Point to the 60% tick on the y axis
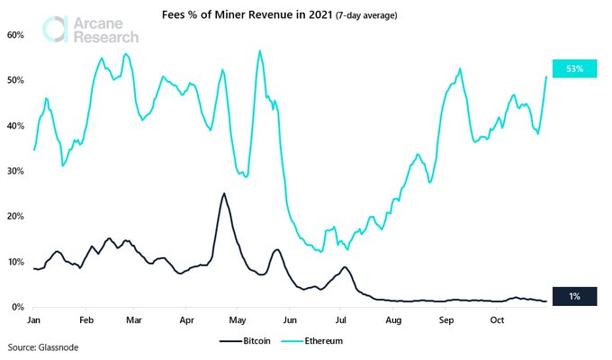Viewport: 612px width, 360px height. [16, 34]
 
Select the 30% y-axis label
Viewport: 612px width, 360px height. [16, 171]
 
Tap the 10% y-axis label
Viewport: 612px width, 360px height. [16, 262]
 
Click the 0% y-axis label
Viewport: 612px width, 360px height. [18, 308]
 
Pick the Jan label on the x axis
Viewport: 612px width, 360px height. [34, 319]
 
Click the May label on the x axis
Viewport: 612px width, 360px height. [238, 319]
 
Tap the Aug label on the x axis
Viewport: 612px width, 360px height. [391, 319]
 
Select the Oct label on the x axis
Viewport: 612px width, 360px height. [495, 319]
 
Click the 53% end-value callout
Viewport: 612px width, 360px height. [575, 68]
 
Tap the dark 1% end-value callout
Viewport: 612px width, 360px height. [575, 297]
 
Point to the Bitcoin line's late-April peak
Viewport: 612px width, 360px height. [223, 193]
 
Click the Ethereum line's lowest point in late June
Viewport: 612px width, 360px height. [320, 251]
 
